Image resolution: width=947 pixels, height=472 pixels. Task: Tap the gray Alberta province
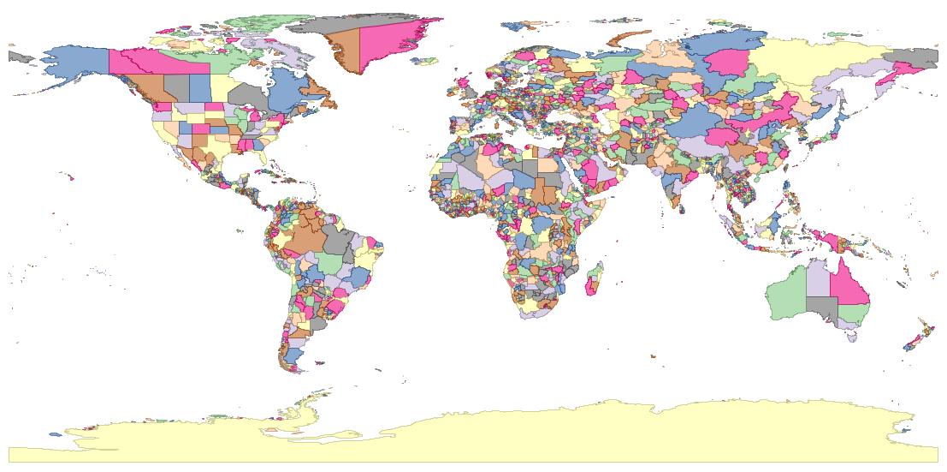point(176,87)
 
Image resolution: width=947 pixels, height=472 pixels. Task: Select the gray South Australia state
point(822,308)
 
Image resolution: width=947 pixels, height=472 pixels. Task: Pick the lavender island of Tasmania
point(850,338)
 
